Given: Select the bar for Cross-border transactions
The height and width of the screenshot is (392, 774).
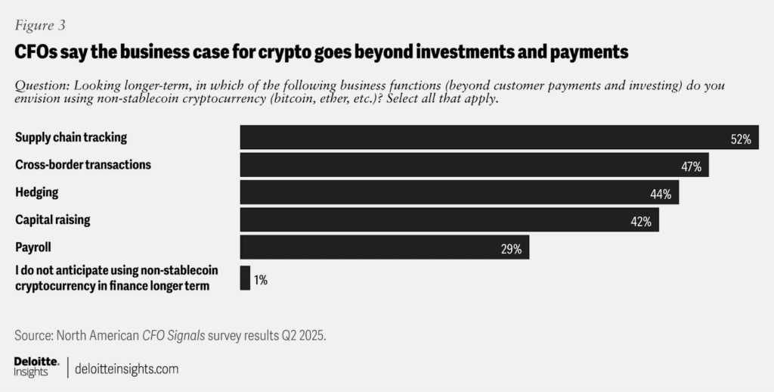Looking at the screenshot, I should [x=474, y=165].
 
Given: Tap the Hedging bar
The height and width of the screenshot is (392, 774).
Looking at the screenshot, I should [x=460, y=192].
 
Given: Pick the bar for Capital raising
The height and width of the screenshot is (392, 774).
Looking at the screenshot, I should [x=449, y=219].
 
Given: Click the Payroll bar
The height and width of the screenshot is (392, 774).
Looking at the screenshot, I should [x=384, y=247].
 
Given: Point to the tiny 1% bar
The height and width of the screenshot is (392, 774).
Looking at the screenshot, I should [x=245, y=278].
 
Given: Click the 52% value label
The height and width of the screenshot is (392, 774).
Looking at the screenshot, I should [x=740, y=139].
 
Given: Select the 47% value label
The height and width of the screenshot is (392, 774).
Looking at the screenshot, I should [x=691, y=166].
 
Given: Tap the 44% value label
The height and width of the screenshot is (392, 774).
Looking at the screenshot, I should [x=661, y=194].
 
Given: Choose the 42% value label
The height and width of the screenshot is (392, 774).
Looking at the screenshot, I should [x=641, y=221].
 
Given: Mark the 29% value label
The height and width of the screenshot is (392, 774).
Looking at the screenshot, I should [x=511, y=249].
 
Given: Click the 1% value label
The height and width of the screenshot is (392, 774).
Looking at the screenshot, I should [x=260, y=279].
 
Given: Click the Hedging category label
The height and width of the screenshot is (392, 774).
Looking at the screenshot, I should [x=36, y=192].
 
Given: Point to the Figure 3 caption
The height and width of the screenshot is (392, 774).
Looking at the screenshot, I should [x=40, y=25].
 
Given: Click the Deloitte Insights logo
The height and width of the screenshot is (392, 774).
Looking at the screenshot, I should [x=36, y=366].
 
